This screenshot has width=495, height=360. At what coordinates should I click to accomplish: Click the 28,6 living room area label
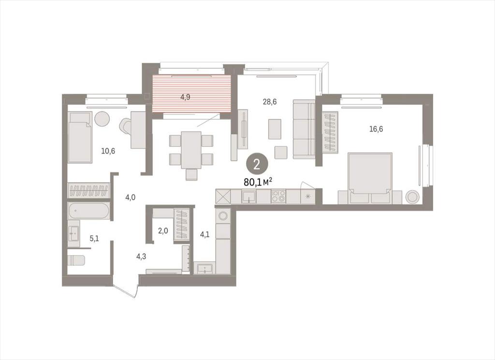(x=270, y=101)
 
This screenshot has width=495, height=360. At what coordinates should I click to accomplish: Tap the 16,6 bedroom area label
(x=376, y=129)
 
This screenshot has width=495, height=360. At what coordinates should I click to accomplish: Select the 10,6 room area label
(x=108, y=151)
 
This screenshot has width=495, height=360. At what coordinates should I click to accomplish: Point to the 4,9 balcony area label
(x=185, y=97)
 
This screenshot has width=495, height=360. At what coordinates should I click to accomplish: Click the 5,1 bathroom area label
(x=94, y=238)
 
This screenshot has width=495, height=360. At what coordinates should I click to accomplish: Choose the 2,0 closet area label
(x=163, y=230)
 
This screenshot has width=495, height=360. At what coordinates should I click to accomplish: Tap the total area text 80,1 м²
(x=258, y=182)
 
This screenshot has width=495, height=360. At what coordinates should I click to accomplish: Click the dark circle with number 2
(x=257, y=164)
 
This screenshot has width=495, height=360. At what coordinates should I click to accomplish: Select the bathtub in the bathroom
(x=89, y=211)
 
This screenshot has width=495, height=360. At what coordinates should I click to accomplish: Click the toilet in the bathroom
(x=76, y=260)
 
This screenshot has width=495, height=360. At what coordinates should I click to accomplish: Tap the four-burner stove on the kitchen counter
(x=278, y=196)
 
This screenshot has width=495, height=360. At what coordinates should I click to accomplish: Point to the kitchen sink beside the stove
(x=249, y=197)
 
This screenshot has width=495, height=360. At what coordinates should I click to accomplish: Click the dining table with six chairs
(x=191, y=150)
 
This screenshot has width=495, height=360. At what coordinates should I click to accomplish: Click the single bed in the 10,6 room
(x=80, y=138)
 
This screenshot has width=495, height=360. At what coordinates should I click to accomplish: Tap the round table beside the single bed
(x=102, y=119)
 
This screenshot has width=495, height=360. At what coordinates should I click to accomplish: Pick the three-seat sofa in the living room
(x=304, y=129)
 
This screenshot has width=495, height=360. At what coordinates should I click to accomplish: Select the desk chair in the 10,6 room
(x=125, y=126)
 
